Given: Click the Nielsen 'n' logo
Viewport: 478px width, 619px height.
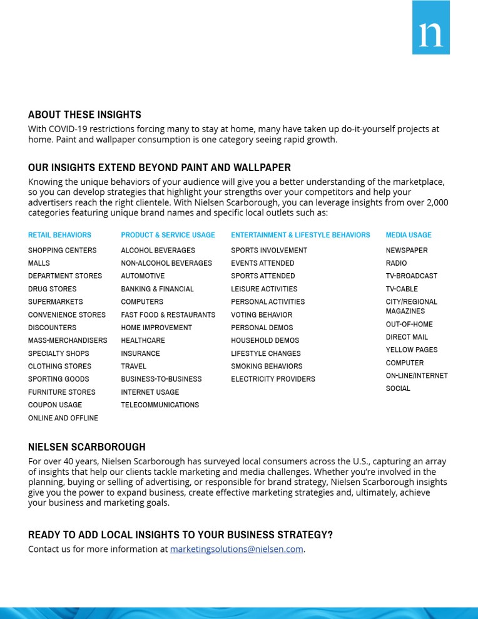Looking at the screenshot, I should (430, 28).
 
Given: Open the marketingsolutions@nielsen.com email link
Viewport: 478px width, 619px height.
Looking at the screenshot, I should (236, 549).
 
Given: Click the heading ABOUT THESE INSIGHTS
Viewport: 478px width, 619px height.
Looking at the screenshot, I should (84, 115).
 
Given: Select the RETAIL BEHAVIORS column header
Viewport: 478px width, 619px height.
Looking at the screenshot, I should (59, 235).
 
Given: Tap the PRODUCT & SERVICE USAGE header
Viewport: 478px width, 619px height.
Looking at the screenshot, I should (168, 235).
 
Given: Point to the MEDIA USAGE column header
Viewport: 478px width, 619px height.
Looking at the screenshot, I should (409, 235).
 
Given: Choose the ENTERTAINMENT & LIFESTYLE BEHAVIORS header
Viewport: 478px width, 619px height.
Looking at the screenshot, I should (300, 235).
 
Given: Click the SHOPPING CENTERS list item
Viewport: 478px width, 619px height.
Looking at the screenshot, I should (62, 251).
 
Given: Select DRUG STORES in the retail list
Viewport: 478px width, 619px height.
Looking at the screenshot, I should (52, 289).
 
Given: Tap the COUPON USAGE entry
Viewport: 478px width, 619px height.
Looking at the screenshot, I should (54, 405).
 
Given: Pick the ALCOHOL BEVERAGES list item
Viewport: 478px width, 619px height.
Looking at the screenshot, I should (158, 251).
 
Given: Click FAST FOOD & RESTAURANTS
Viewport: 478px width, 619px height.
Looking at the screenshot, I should (168, 315).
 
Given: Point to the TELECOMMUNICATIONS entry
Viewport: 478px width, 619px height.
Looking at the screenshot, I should (160, 405).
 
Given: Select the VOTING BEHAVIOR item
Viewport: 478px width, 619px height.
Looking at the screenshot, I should (262, 315).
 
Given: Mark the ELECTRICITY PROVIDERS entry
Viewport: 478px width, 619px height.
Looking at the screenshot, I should (273, 379).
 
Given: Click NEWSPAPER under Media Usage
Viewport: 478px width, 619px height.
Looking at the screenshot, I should (407, 251).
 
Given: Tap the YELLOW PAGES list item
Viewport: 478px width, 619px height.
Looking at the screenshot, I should (412, 350).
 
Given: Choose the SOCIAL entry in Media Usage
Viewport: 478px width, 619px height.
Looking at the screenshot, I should (398, 389).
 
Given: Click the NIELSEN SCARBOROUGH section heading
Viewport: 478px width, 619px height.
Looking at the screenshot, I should (86, 447).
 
